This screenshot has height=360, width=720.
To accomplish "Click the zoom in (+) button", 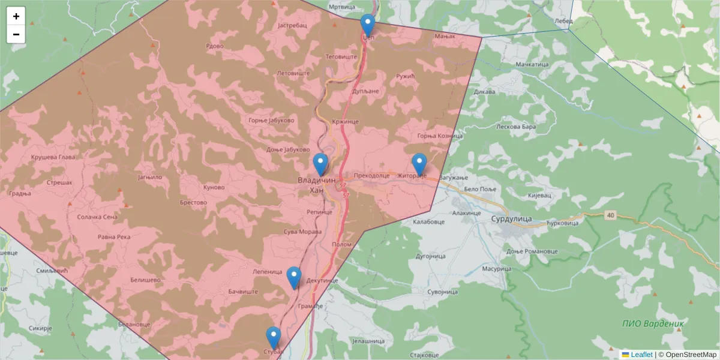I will (x=16, y=16).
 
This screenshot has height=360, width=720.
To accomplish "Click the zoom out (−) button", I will (x=16, y=34).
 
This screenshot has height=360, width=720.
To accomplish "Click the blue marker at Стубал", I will (x=273, y=338).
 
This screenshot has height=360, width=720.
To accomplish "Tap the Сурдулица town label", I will (x=511, y=220).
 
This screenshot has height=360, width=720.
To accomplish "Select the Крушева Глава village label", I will (x=53, y=158).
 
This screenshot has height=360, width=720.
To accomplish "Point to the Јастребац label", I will (x=293, y=26).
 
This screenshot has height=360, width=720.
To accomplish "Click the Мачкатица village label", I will (x=532, y=64).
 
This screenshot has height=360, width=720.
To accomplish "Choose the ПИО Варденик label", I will (x=652, y=323).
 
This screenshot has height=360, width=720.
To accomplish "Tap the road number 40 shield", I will (x=611, y=215).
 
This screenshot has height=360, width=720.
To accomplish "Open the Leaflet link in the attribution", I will (x=641, y=355).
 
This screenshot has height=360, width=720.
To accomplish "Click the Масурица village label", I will (x=495, y=269).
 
